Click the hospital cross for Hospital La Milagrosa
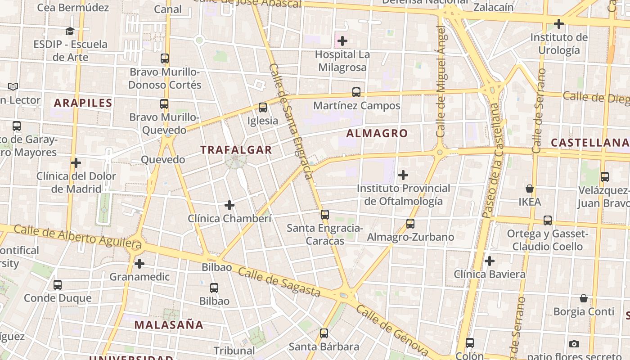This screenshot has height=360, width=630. pyautogui.click(x=342, y=41)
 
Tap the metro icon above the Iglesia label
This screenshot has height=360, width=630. pyautogui.click(x=263, y=108)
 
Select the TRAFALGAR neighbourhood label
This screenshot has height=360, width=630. pyautogui.click(x=236, y=150)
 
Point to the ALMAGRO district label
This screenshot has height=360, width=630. pyautogui.click(x=377, y=133)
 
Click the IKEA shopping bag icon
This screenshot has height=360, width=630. pyautogui.click(x=530, y=188)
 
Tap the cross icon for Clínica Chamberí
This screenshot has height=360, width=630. pyautogui.click(x=229, y=205)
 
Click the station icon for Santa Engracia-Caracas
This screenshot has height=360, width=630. pyautogui.click(x=325, y=215)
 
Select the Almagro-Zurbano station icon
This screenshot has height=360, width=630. pyautogui.click(x=410, y=224)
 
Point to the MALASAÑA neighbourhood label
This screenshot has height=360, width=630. pyautogui.click(x=169, y=324)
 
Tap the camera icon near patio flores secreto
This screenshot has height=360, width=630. pyautogui.click(x=574, y=344)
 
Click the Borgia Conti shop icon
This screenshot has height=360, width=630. pyautogui.click(x=584, y=298)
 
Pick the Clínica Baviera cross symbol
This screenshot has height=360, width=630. pyautogui.click(x=490, y=261)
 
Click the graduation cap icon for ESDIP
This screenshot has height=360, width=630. pyautogui.click(x=70, y=31)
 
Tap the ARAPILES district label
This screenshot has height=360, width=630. pyautogui.click(x=83, y=103)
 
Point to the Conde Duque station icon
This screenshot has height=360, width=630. pyautogui.click(x=58, y=285)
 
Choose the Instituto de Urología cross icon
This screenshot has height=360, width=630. pyautogui.click(x=559, y=23)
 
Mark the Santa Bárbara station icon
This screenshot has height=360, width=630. pyautogui.click(x=324, y=333)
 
